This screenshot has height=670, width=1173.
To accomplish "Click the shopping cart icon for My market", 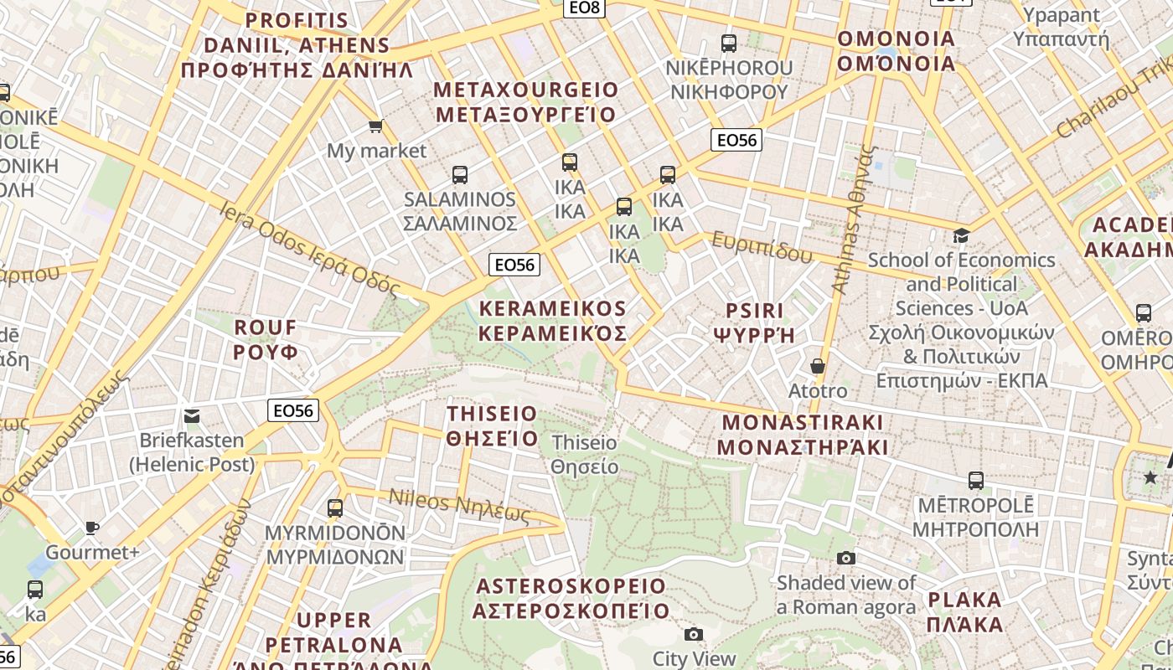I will coord(375,126).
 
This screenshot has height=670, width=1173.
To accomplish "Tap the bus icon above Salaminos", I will coord(460,175).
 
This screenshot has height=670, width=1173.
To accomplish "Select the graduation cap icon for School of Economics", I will coord(961,236).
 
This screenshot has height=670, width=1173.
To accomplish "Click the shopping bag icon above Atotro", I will coord(818,367).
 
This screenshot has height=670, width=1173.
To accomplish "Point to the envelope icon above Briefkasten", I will coord(192,416).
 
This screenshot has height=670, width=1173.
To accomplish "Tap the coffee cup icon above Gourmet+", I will coord(92,528).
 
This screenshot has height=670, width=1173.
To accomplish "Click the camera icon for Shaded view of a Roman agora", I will coord(846,558).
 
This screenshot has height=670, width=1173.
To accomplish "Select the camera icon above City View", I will coord(693,635).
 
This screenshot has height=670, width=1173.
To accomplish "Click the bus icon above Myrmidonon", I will coord(335,508).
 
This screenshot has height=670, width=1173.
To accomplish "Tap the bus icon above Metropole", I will coord(975,481).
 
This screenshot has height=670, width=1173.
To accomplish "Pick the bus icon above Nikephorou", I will coord(729,44).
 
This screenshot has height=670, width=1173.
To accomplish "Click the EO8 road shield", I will coord(584,8).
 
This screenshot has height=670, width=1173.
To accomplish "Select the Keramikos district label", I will coord(553,321).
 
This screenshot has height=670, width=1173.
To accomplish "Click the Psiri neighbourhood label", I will coord(754,323).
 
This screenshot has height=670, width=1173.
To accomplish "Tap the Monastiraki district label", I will coord(803,434).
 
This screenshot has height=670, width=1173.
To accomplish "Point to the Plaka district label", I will coord(965,612).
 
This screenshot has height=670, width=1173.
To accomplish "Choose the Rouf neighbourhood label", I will coord(266,339).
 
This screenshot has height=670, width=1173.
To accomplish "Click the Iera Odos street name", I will coord(309,247).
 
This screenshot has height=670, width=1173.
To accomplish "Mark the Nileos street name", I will coord(459,505).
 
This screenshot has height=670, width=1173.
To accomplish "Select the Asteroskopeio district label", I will coord(571,598).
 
